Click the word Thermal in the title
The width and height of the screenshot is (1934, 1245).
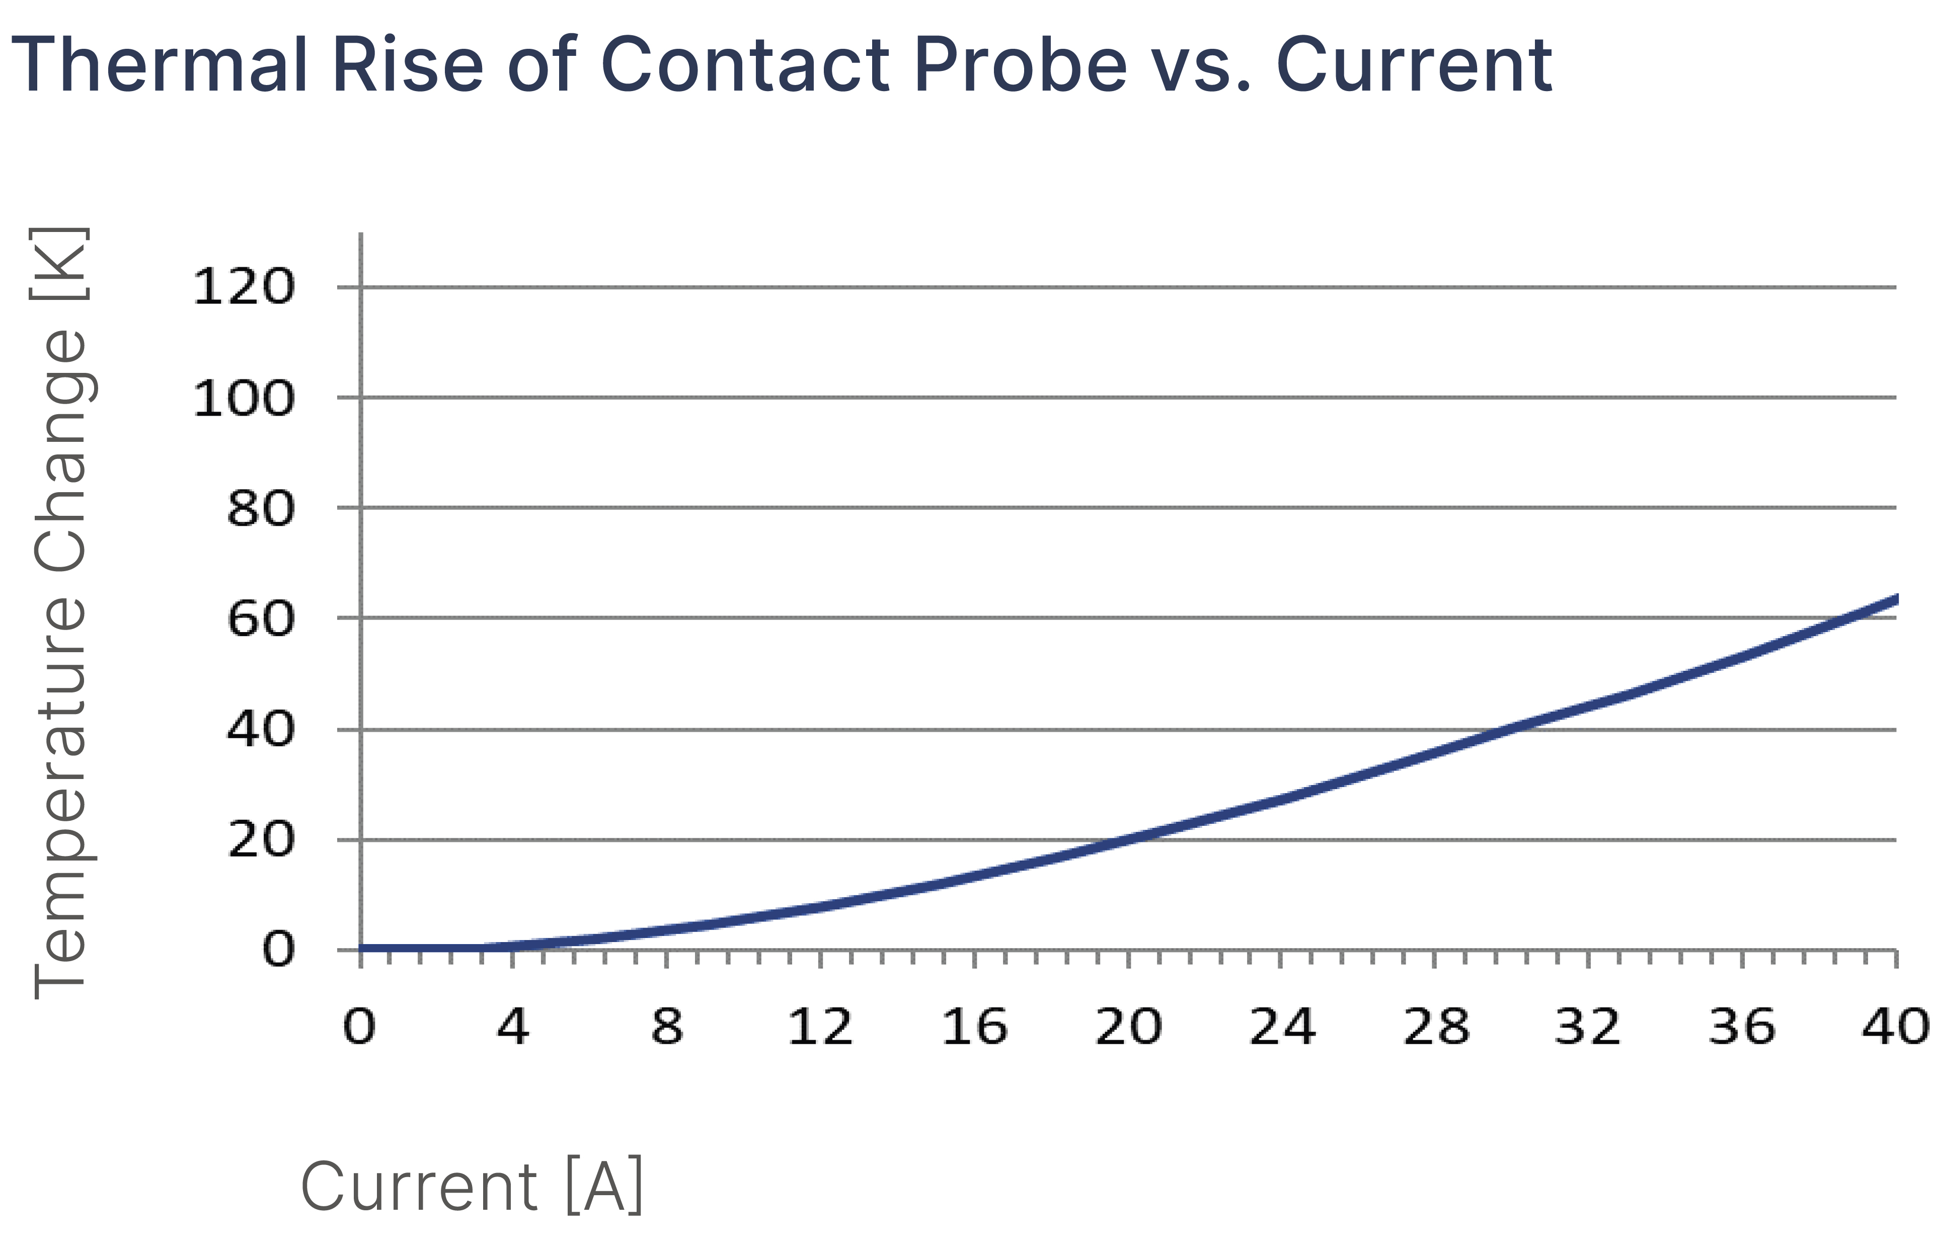point(160,65)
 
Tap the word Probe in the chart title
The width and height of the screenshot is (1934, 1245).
point(1021,65)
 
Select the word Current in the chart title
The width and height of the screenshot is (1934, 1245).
point(1413,65)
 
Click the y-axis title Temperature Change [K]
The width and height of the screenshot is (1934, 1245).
point(58,613)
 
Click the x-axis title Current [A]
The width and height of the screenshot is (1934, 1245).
point(472,1186)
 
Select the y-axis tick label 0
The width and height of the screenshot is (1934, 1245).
point(278,950)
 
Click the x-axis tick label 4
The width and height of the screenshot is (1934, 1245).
point(513,1027)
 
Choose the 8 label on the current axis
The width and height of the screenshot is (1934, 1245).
point(667,1027)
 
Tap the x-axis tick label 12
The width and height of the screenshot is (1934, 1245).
point(820,1027)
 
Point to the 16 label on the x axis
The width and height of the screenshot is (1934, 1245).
point(974,1027)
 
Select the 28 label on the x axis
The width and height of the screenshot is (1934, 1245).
point(1436,1027)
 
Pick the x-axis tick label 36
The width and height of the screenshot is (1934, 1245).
point(1742,1027)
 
